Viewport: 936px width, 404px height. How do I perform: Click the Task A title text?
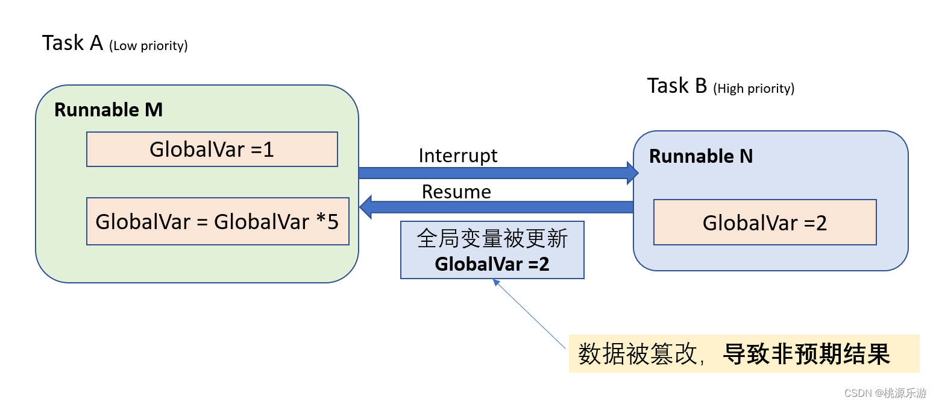(x=72, y=43)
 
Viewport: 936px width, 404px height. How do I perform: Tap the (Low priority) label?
(x=148, y=46)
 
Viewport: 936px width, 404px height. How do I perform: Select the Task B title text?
(x=677, y=86)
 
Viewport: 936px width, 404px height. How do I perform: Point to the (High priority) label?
(x=753, y=89)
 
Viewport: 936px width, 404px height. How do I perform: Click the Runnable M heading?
(x=108, y=110)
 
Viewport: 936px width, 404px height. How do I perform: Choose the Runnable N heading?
(x=701, y=156)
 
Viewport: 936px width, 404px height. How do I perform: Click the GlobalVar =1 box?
(x=212, y=149)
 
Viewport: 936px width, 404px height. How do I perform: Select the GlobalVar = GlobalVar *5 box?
(x=217, y=221)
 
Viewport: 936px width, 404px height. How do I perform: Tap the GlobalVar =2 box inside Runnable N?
(x=764, y=223)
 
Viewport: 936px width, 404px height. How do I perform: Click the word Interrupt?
(x=458, y=156)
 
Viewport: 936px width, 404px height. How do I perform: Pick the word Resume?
(x=456, y=192)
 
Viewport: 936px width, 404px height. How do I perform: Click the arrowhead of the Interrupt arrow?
(x=632, y=173)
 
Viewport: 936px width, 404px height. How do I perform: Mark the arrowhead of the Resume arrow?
(x=365, y=207)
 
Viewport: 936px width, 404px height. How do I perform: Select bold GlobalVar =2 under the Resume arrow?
(x=492, y=264)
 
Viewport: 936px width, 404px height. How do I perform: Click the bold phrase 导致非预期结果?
(x=806, y=354)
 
